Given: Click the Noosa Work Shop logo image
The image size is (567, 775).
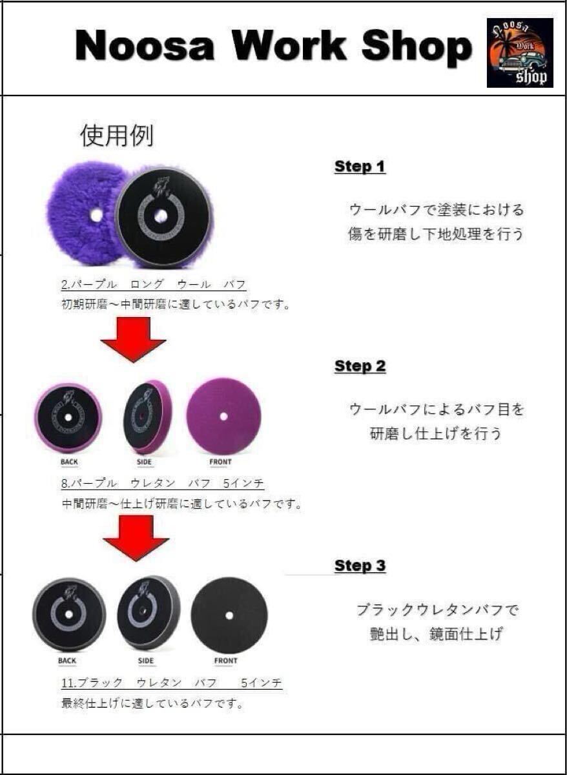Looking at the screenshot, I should [x=519, y=52].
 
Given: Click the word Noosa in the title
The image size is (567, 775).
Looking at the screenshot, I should [x=145, y=46].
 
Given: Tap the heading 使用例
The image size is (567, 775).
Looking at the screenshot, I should [x=116, y=136].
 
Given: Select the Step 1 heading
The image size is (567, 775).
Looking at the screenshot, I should [x=360, y=167].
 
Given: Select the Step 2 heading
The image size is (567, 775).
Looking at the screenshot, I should [x=360, y=366].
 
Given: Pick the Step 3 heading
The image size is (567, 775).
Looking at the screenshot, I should [x=360, y=566].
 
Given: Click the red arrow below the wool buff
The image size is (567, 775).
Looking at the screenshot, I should [x=133, y=339].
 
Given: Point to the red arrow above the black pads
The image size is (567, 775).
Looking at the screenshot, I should [x=136, y=537].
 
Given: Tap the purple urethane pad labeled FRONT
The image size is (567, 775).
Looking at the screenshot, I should [x=223, y=417].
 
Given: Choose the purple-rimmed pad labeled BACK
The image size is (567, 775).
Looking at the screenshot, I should [x=68, y=417].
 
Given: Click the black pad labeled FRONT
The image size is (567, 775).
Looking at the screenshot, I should [x=229, y=615].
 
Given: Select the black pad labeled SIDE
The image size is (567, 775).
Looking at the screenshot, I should [x=149, y=612].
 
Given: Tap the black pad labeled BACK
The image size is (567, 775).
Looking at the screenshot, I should [x=68, y=614].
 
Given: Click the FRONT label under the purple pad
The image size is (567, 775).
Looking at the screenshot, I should [x=220, y=462].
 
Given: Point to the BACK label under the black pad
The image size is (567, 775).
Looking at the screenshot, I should [x=67, y=661].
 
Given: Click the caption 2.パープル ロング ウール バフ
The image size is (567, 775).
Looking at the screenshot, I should [x=154, y=285].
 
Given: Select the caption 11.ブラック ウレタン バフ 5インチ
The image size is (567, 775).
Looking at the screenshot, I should [x=171, y=683].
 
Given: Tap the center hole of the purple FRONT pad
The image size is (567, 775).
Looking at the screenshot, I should [x=223, y=417].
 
